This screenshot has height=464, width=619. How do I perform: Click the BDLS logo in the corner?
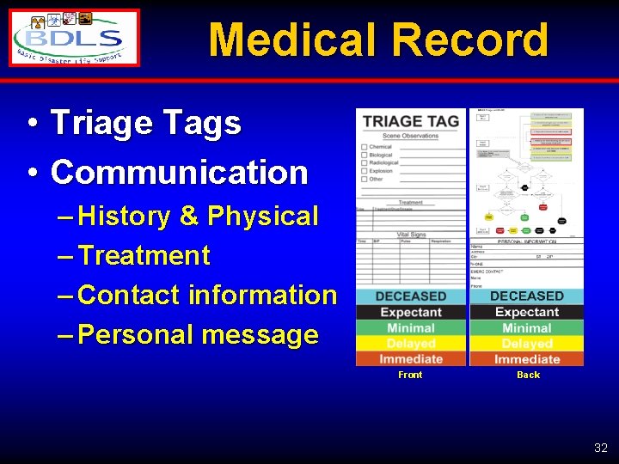(x=74, y=38)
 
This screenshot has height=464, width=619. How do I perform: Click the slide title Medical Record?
(x=377, y=40)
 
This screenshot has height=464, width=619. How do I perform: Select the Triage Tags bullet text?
(x=146, y=124)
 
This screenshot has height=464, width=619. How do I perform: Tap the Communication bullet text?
(x=179, y=173)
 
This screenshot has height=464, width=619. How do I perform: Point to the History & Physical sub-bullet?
(x=198, y=216)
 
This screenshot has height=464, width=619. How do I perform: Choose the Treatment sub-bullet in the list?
(x=144, y=255)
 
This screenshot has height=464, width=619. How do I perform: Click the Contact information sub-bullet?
(x=206, y=295)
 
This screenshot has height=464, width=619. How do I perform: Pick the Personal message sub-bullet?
(x=198, y=334)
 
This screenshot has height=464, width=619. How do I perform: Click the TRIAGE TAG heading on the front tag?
(x=410, y=121)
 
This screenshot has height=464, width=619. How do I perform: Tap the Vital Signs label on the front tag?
(x=410, y=234)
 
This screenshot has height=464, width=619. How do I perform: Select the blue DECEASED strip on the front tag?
(x=410, y=296)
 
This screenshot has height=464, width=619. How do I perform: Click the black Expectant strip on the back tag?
(x=526, y=312)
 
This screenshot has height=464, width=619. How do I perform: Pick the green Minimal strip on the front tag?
(x=410, y=328)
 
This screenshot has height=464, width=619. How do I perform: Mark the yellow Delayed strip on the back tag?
(x=526, y=344)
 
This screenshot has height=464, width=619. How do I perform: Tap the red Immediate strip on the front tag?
(x=410, y=358)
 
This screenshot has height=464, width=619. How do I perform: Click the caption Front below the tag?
(x=410, y=375)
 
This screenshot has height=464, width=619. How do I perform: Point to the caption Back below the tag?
(x=528, y=375)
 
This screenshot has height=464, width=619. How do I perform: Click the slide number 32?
(x=600, y=448)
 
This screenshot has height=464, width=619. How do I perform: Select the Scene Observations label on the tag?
(x=410, y=136)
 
